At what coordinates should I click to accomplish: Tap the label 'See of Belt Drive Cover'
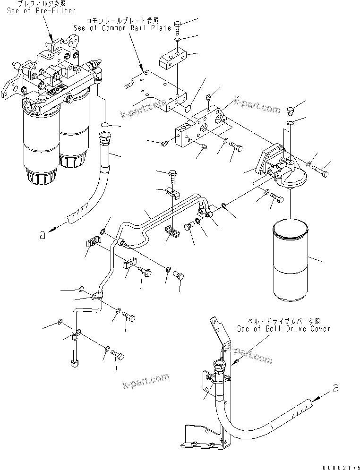point(283,329)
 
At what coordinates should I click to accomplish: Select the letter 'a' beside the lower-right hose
point(336,389)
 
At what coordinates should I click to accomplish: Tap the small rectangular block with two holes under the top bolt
point(173,60)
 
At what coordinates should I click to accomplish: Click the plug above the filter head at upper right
point(291,111)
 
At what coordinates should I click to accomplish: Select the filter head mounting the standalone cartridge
point(282,168)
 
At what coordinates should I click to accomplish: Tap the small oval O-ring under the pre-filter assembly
point(107,126)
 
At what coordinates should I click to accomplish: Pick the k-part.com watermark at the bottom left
point(145,378)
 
